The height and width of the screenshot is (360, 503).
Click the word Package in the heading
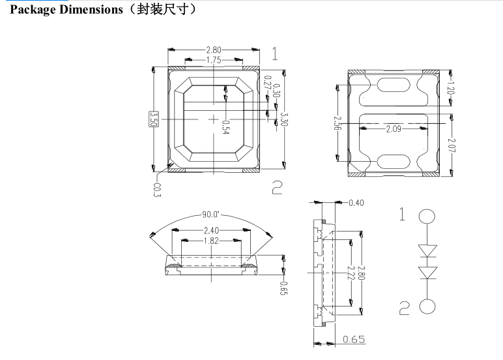(33, 10)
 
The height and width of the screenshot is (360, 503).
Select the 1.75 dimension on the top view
(213, 60)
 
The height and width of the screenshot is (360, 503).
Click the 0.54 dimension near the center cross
(225, 127)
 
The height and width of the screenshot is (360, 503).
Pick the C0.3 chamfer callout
(156, 190)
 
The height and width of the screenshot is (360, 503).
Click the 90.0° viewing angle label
(210, 214)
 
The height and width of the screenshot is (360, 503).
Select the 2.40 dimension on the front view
(210, 230)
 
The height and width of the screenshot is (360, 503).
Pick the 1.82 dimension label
(210, 241)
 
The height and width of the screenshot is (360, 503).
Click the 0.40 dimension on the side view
(356, 203)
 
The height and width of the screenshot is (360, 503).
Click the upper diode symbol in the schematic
(427, 250)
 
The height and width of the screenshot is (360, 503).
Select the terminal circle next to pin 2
(427, 306)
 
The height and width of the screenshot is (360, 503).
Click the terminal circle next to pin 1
(427, 217)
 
